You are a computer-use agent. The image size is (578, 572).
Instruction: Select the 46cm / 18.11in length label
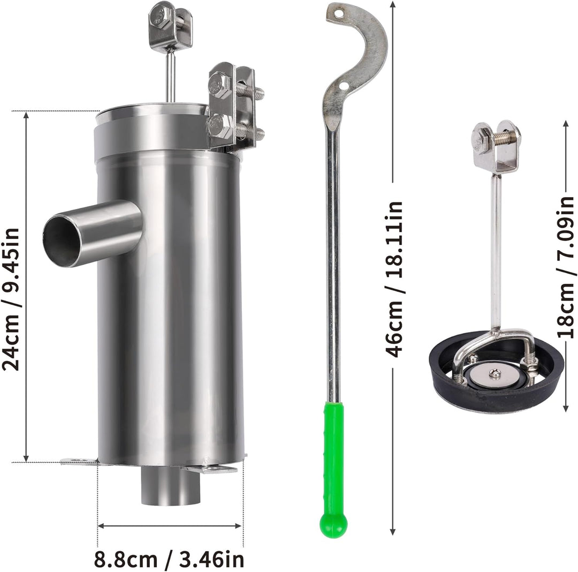click(x=394, y=279)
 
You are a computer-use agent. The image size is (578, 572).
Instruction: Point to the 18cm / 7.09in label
click(x=566, y=267)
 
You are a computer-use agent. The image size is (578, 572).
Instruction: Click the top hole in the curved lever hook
click(x=338, y=13)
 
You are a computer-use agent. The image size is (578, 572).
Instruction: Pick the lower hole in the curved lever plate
click(x=344, y=86)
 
